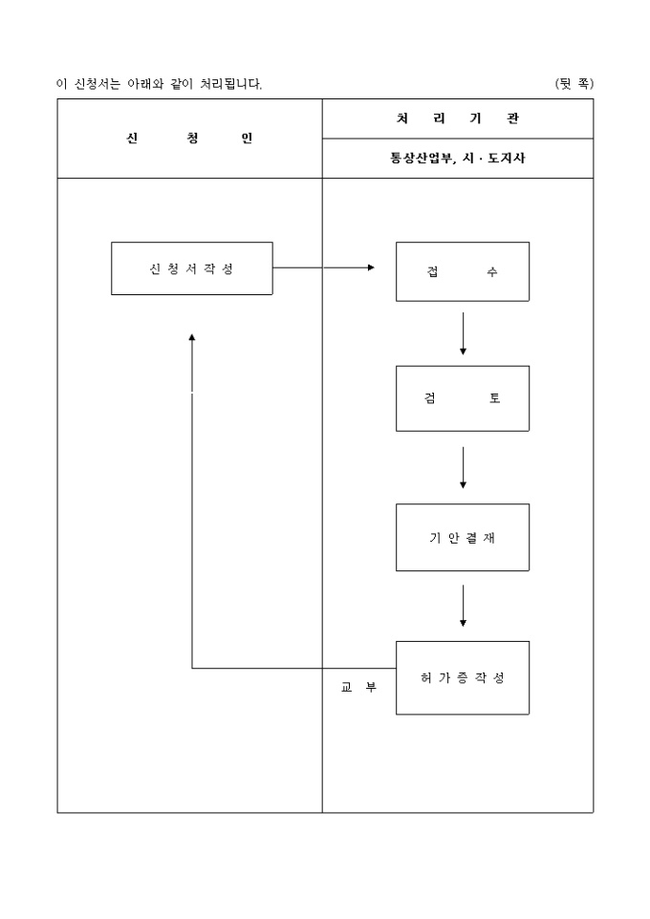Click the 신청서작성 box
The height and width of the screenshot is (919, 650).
click(x=191, y=268)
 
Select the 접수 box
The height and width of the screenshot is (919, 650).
click(x=463, y=272)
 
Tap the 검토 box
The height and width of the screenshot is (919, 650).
click(x=463, y=398)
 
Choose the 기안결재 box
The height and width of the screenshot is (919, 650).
click(x=463, y=537)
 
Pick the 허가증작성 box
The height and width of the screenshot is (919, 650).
click(x=463, y=677)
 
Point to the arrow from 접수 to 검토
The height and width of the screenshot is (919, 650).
click(x=463, y=333)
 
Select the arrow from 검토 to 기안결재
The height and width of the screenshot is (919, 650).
click(x=463, y=467)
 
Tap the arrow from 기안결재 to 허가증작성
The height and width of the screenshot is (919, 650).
click(x=463, y=605)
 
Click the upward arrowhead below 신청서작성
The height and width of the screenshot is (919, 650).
click(x=192, y=338)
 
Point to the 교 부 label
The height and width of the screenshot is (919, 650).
click(x=358, y=686)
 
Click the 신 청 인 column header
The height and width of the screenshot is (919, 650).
click(x=189, y=139)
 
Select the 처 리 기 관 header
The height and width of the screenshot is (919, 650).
click(x=457, y=118)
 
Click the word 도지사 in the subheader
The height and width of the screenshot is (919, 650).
click(x=507, y=159)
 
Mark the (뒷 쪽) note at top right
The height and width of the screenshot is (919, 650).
click(x=574, y=84)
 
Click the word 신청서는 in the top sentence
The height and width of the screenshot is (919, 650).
click(x=97, y=84)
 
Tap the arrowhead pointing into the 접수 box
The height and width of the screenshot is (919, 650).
click(x=371, y=267)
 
